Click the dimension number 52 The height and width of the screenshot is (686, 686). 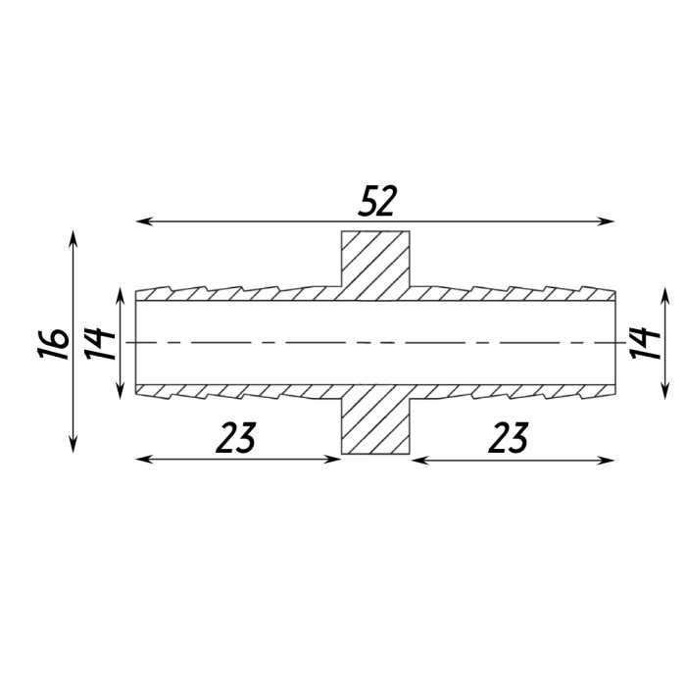coord(376,201)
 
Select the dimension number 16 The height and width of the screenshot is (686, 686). coord(53,343)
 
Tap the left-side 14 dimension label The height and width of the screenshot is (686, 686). coord(100,343)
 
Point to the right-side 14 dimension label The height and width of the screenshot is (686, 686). coord(645,343)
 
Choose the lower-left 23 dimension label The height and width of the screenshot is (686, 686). coord(236,437)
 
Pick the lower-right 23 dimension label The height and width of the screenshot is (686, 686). coord(509,437)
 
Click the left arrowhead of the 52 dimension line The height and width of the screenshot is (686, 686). coord(144,221)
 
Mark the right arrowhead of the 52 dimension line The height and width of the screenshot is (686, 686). coord(607,221)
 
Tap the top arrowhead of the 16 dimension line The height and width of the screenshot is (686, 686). coord(73,239)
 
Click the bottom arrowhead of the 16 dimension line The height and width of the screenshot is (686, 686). coord(73,444)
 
